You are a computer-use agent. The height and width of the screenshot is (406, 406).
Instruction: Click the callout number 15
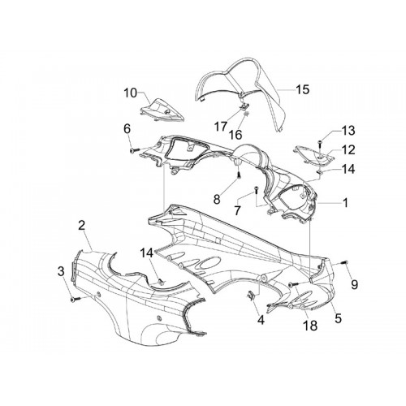(302, 89)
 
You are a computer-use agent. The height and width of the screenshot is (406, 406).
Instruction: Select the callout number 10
(131, 93)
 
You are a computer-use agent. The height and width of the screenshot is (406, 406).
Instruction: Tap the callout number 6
(127, 128)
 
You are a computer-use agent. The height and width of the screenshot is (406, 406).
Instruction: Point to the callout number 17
(221, 127)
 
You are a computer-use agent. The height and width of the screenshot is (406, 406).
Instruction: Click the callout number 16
(235, 135)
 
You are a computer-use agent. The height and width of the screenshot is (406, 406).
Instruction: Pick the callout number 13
(348, 131)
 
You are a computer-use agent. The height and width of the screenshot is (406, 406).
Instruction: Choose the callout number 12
(348, 149)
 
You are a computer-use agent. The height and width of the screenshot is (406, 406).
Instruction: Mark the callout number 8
(217, 200)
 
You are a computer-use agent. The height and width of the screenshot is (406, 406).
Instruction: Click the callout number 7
(237, 210)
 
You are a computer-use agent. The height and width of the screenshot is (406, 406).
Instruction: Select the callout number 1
(345, 203)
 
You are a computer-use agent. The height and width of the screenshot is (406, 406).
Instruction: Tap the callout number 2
(81, 225)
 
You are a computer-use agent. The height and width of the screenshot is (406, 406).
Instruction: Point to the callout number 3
(61, 271)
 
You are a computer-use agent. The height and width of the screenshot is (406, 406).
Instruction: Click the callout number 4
(261, 320)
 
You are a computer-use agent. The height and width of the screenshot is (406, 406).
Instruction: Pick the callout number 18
(310, 326)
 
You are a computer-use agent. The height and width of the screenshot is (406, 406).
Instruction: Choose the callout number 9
(354, 284)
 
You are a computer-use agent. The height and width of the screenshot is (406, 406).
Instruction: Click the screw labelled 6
(135, 150)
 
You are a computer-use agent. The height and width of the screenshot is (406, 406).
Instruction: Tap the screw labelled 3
(75, 299)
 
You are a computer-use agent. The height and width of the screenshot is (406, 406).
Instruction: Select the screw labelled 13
(320, 144)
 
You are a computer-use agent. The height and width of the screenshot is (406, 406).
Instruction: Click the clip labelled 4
(252, 296)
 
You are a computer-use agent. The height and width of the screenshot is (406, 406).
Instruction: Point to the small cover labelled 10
(162, 110)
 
